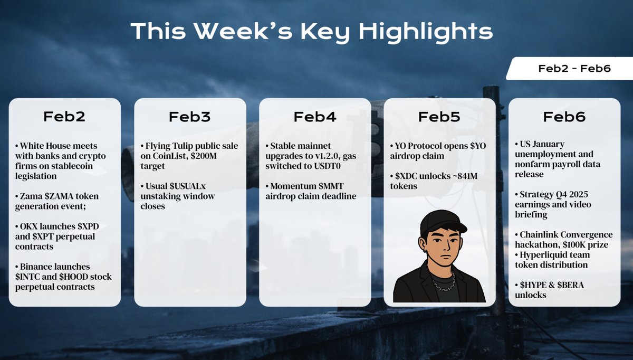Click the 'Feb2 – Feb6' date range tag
pyautogui.click(x=568, y=69)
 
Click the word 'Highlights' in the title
pyautogui.click(x=426, y=32)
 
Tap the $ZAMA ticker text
pyautogui.click(x=60, y=196)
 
